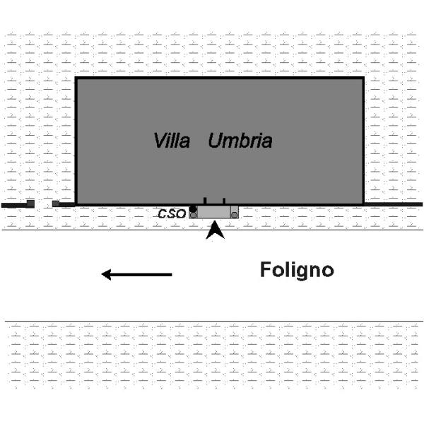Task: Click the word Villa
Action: [x=172, y=141]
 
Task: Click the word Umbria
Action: [x=240, y=141]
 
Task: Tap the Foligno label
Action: [x=297, y=270]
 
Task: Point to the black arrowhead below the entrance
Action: [x=215, y=230]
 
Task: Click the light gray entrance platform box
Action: [x=214, y=212]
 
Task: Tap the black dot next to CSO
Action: [x=192, y=208]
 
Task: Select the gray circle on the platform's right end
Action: [x=234, y=214]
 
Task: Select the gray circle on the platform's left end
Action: [x=193, y=215]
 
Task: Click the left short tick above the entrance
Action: [x=205, y=201]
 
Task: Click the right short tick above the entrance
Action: [x=224, y=201]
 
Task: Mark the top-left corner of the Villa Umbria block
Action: [x=76, y=78]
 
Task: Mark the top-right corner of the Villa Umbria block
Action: [x=363, y=78]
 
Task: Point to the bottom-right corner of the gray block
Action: [x=363, y=204]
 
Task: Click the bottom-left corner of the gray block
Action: [x=76, y=204]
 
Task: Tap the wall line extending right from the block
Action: [x=393, y=204]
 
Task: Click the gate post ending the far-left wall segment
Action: [x=30, y=204]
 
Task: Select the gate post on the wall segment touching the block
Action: [x=56, y=204]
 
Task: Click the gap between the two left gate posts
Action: [x=43, y=204]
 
